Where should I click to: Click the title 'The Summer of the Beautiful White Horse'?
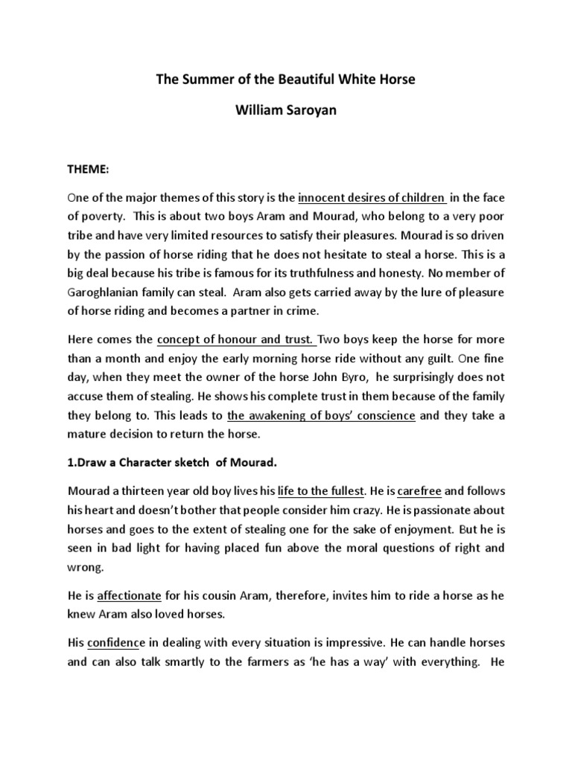pos(285,80)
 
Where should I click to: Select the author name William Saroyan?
pos(285,111)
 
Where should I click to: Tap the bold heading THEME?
pos(88,170)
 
